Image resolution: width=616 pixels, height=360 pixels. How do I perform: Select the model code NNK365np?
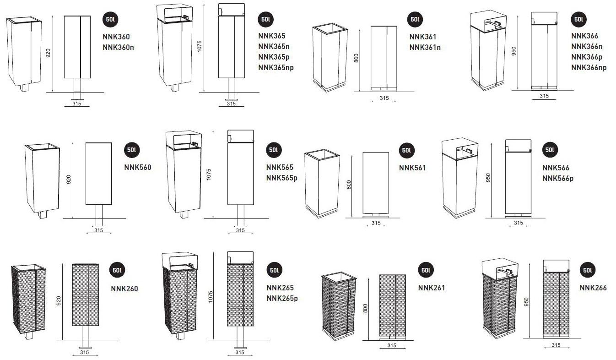pyautogui.click(x=276, y=68)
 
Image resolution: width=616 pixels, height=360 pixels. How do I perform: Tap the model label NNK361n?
pyautogui.click(x=425, y=48)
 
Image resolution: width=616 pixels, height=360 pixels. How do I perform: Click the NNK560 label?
pyautogui.click(x=138, y=168)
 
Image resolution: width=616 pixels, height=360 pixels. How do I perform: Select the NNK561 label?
pyautogui.click(x=412, y=168)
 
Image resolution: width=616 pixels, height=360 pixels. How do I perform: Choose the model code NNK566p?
pyautogui.click(x=558, y=179)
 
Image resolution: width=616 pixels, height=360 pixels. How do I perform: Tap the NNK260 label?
pyautogui.click(x=124, y=289)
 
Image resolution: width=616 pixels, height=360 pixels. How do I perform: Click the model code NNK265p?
pyautogui.click(x=282, y=299)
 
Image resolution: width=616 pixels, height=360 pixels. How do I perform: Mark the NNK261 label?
pyautogui.click(x=432, y=288)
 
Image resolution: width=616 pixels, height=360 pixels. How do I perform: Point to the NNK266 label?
pyautogui.click(x=593, y=288)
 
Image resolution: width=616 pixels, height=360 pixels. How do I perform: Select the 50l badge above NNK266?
pyautogui.click(x=588, y=271)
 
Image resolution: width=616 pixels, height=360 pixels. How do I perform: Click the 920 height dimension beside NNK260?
pyautogui.click(x=58, y=301)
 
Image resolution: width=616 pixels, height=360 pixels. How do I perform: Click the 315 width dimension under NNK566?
pyautogui.click(x=518, y=223)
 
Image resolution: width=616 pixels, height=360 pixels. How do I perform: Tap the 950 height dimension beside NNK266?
pyautogui.click(x=527, y=302)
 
